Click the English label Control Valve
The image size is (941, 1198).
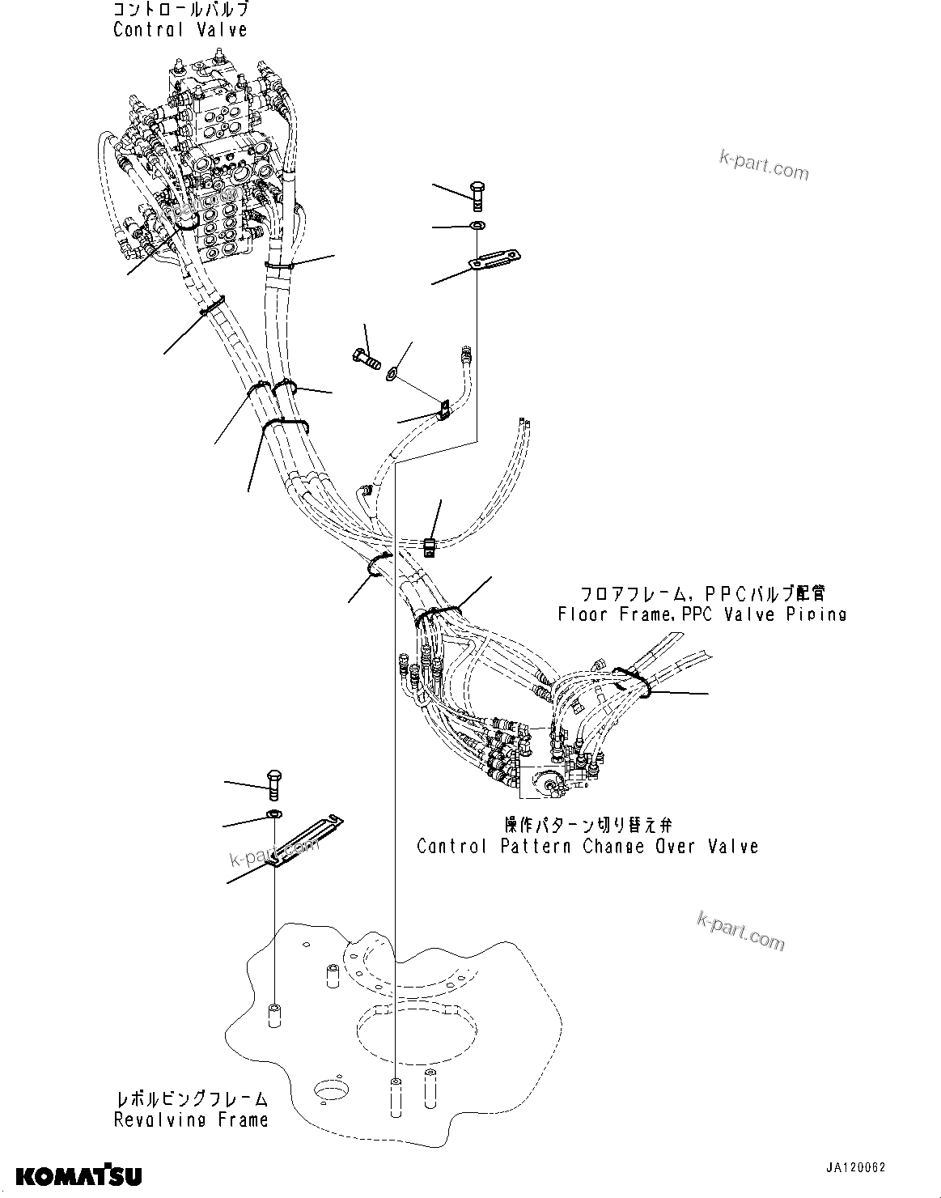[x=180, y=30]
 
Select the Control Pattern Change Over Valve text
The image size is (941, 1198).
[x=587, y=846]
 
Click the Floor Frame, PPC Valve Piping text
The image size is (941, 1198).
[x=702, y=614]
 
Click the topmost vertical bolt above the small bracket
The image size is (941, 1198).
[x=477, y=195]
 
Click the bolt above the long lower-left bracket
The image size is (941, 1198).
[x=274, y=784]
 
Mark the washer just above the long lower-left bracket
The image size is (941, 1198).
[x=274, y=814]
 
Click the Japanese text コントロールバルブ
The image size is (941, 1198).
[x=180, y=11]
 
